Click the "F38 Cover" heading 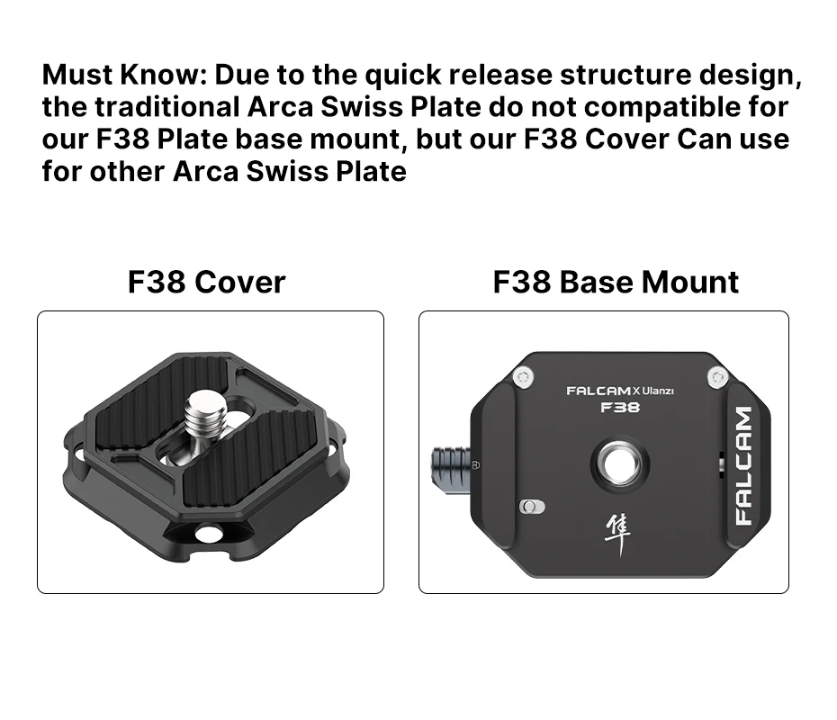[x=206, y=282]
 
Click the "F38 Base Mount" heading [x=616, y=282]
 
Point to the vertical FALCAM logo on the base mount [x=743, y=465]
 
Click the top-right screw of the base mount [x=716, y=377]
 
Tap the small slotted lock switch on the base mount [x=532, y=507]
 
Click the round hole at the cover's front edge [x=209, y=534]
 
